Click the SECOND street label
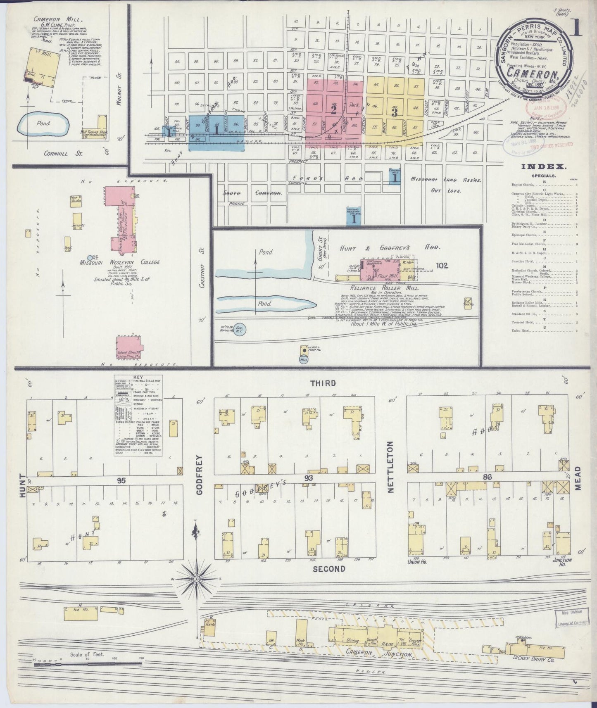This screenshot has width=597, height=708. [x=328, y=569]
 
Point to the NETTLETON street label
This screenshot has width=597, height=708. [x=390, y=467]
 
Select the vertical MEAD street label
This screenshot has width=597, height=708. [x=578, y=478]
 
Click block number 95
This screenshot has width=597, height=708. [x=121, y=480]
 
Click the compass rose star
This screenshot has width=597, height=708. [x=197, y=580]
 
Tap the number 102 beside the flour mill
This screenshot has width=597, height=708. [x=442, y=266]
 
